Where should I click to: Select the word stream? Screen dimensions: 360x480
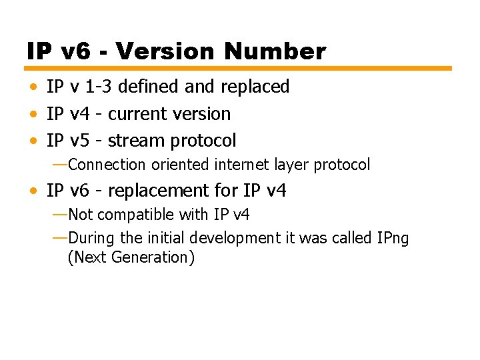click(136, 141)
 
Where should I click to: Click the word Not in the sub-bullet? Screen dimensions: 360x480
click(81, 215)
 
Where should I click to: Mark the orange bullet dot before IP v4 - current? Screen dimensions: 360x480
click(33, 114)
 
